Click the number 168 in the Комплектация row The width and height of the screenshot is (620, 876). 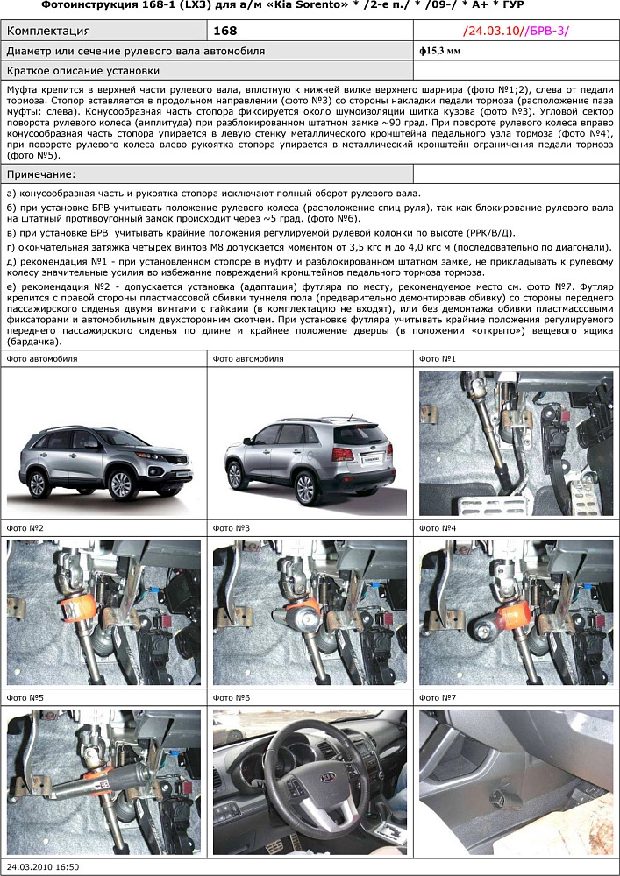click(x=225, y=32)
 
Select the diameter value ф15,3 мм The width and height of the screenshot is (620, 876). click(x=439, y=52)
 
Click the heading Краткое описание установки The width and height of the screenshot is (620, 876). click(x=82, y=71)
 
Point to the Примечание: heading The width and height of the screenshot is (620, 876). click(x=41, y=175)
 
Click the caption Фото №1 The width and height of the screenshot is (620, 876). click(x=437, y=358)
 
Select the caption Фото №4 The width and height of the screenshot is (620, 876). click(x=437, y=528)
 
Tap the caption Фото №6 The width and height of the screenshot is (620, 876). click(x=231, y=698)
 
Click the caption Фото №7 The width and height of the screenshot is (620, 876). click(x=437, y=698)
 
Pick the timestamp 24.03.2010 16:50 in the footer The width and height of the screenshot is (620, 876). click(x=41, y=866)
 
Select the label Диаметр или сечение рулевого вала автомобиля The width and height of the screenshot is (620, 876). click(x=135, y=52)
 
